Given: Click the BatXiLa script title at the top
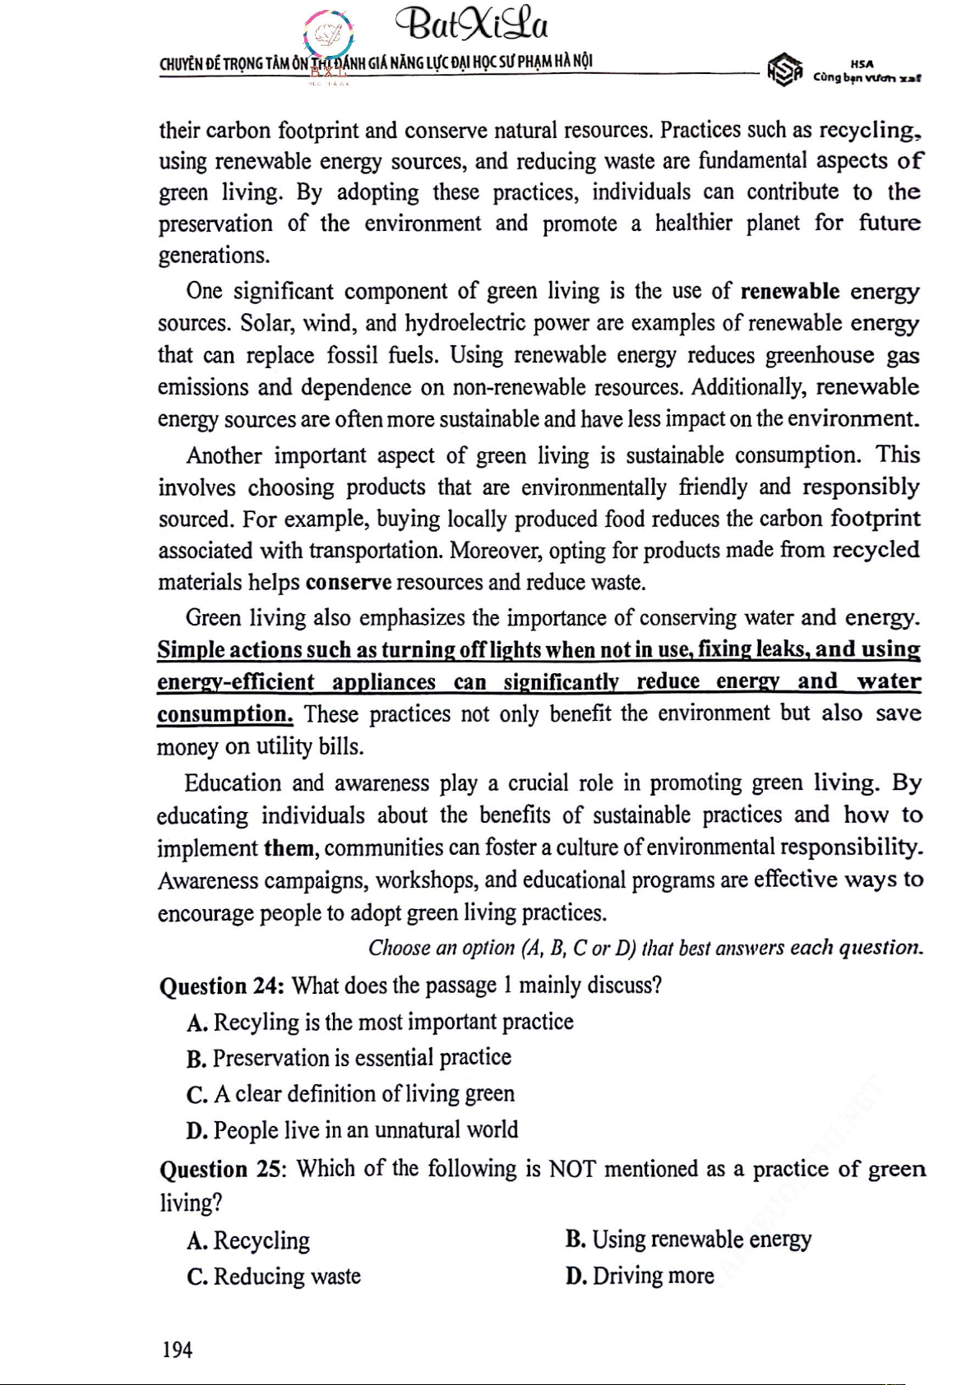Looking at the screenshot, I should point(471,26).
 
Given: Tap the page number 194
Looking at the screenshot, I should point(177,1349).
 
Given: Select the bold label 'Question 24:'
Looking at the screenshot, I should point(222,986).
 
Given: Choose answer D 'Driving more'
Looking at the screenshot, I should point(640,1276).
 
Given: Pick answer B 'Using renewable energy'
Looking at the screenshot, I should point(688,1240).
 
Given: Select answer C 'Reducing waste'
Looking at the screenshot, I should point(274,1277).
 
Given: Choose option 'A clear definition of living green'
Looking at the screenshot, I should point(350,1094).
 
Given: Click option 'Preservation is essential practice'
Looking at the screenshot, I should point(349,1058).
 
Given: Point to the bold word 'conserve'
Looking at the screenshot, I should point(348,583).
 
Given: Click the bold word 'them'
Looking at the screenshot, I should point(289,848).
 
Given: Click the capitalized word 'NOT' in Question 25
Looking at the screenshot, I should point(571,1169).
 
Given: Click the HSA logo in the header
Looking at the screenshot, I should point(784,70).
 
